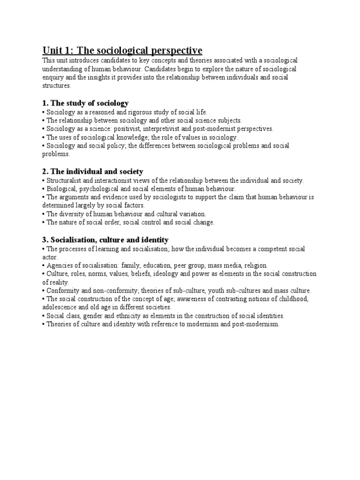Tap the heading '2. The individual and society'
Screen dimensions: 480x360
(x=92, y=172)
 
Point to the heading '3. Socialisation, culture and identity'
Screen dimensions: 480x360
(x=105, y=240)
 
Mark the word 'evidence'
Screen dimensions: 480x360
(x=103, y=197)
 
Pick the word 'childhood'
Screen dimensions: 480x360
(x=293, y=299)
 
